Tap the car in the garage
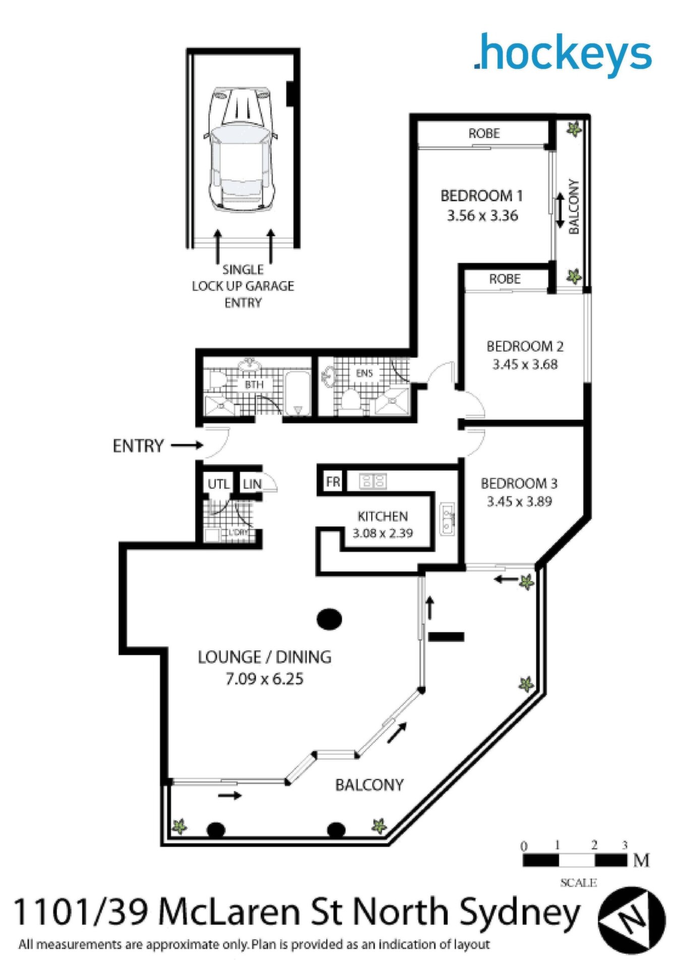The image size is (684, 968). (x=240, y=149)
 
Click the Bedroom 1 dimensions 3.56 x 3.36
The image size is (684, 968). (x=482, y=216)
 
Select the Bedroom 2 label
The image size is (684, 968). (x=525, y=346)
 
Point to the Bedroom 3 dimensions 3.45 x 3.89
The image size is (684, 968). (x=519, y=502)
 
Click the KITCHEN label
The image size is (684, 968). (x=383, y=516)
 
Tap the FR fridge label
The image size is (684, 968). (x=333, y=482)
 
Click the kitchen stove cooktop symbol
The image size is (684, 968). (x=373, y=481)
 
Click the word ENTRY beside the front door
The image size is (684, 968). (x=138, y=446)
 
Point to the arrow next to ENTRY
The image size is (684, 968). (x=186, y=446)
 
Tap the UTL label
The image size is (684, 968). (x=219, y=485)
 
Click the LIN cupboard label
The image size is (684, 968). (x=252, y=485)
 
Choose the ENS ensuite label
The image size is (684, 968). (x=364, y=374)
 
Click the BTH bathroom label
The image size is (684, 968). (x=254, y=385)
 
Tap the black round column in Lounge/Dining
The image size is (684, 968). (x=329, y=619)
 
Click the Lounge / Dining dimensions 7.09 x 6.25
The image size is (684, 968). (x=264, y=679)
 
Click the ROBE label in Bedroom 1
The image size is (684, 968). (x=484, y=134)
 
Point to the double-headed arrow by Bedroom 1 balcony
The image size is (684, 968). (x=559, y=211)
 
